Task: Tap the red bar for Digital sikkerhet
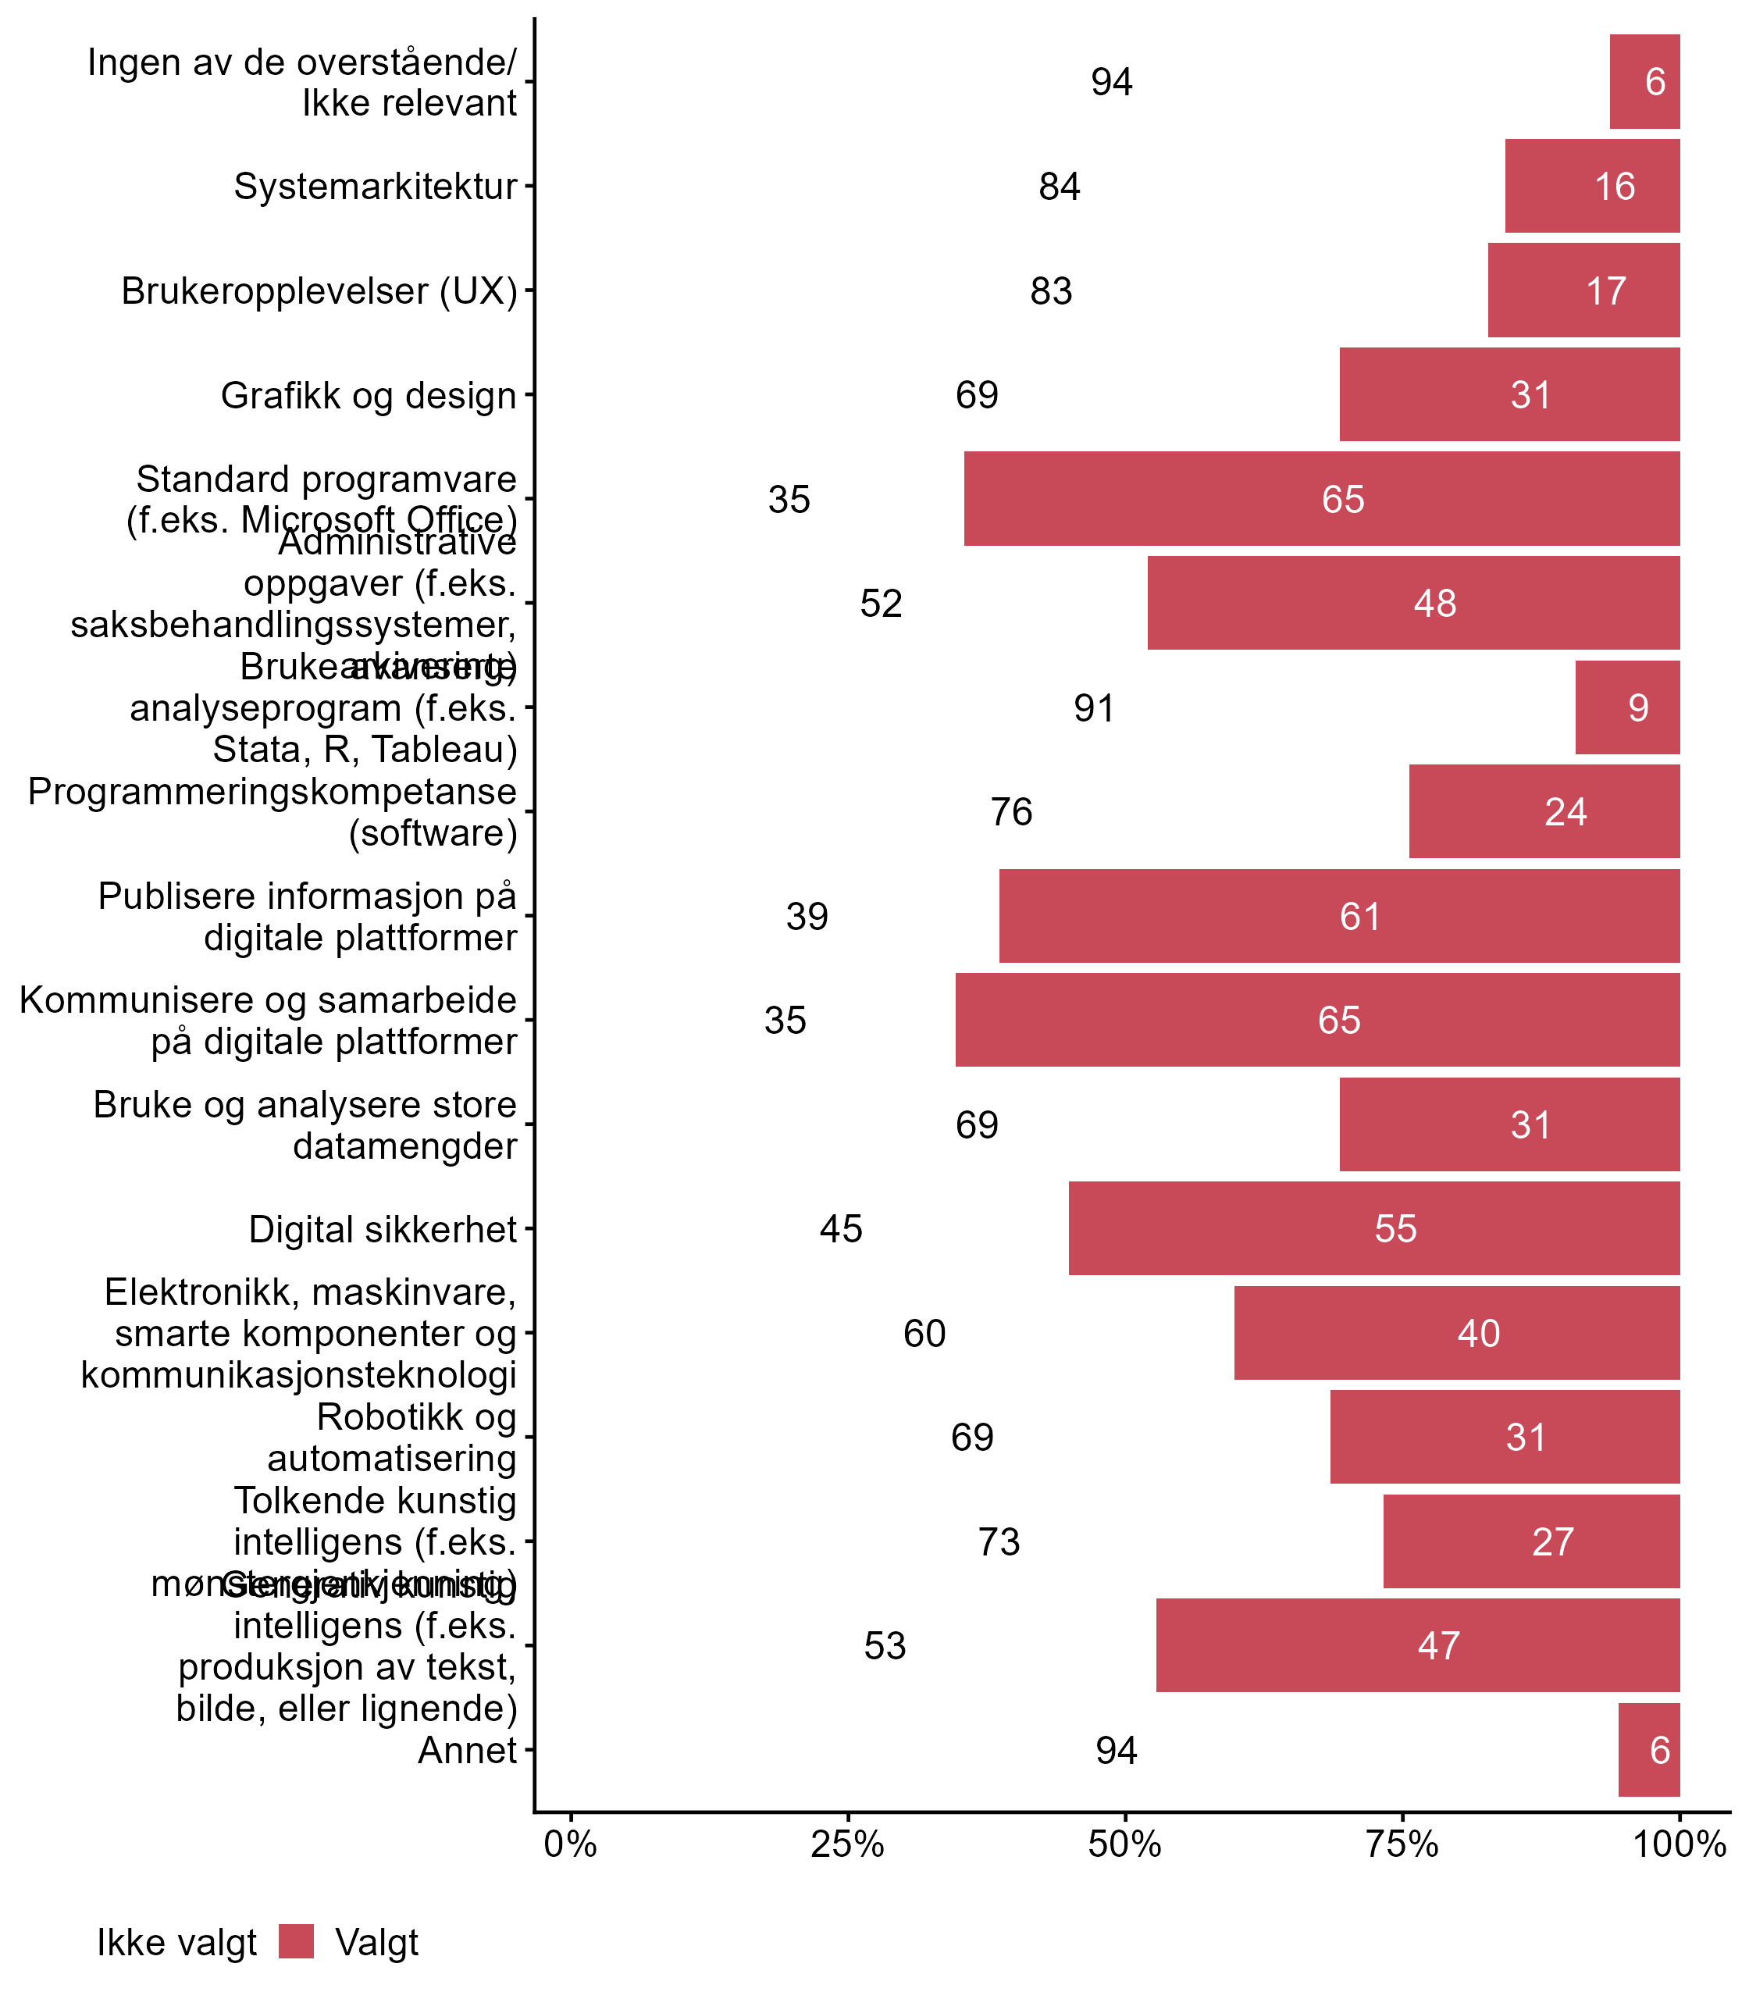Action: pos(1373,1228)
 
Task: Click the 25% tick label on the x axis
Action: pos(847,1844)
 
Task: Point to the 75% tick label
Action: pos(1402,1844)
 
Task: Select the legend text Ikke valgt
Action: pos(176,1943)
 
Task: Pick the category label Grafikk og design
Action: pos(368,395)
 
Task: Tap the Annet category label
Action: pos(467,1750)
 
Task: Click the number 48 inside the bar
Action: pos(1435,603)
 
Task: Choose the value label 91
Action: pos(1094,707)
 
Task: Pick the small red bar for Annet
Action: pos(1648,1749)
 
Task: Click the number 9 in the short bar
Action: pos(1638,707)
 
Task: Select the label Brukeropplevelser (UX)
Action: pos(319,290)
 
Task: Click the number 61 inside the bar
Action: pos(1359,917)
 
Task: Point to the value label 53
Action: pos(885,1646)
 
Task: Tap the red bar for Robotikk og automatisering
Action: pos(1504,1437)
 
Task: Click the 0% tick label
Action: pos(570,1844)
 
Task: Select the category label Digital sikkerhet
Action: pos(383,1229)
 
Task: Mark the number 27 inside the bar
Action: pos(1552,1542)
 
